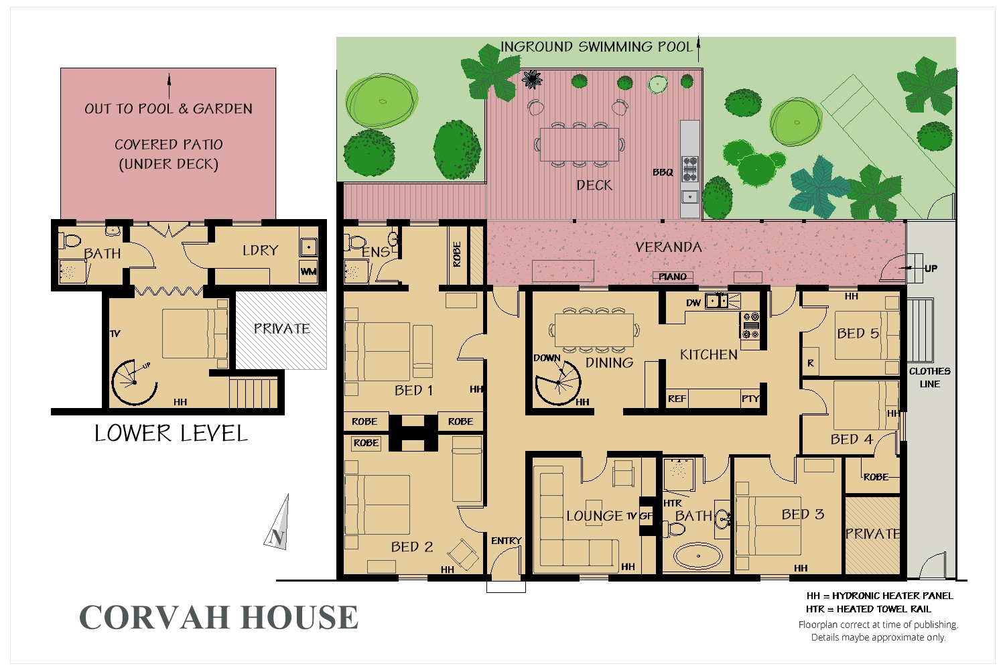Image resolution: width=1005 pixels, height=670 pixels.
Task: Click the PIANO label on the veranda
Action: point(673,277)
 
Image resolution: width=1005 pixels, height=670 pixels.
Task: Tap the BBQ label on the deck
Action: point(663,173)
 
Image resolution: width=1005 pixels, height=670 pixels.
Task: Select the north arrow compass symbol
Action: point(278,524)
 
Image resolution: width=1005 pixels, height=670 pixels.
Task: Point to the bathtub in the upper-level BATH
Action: point(697,555)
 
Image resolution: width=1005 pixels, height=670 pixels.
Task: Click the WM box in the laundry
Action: point(308,271)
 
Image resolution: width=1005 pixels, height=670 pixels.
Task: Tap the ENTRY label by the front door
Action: point(506,541)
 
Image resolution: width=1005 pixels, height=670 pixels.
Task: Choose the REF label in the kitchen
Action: point(677,399)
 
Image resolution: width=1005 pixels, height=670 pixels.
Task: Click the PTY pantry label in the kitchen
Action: point(750,399)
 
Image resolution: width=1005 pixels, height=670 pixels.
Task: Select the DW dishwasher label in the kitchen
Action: point(693,303)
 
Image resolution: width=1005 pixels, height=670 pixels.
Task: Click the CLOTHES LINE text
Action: point(929,377)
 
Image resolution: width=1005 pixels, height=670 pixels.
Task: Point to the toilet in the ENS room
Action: point(354,241)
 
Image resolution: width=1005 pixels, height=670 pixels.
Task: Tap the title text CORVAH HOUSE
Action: point(219,617)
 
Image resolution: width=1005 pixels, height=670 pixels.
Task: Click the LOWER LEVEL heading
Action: point(171,433)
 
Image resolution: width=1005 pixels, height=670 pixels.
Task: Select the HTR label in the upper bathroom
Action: point(672,503)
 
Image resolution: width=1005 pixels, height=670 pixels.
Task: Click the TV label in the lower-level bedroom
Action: point(115,334)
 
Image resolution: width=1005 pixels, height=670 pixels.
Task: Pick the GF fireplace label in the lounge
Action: point(646,516)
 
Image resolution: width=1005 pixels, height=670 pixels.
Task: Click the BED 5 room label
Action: point(858,334)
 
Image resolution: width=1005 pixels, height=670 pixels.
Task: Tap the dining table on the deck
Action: point(579,143)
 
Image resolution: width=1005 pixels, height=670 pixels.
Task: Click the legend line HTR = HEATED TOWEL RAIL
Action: point(868,609)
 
